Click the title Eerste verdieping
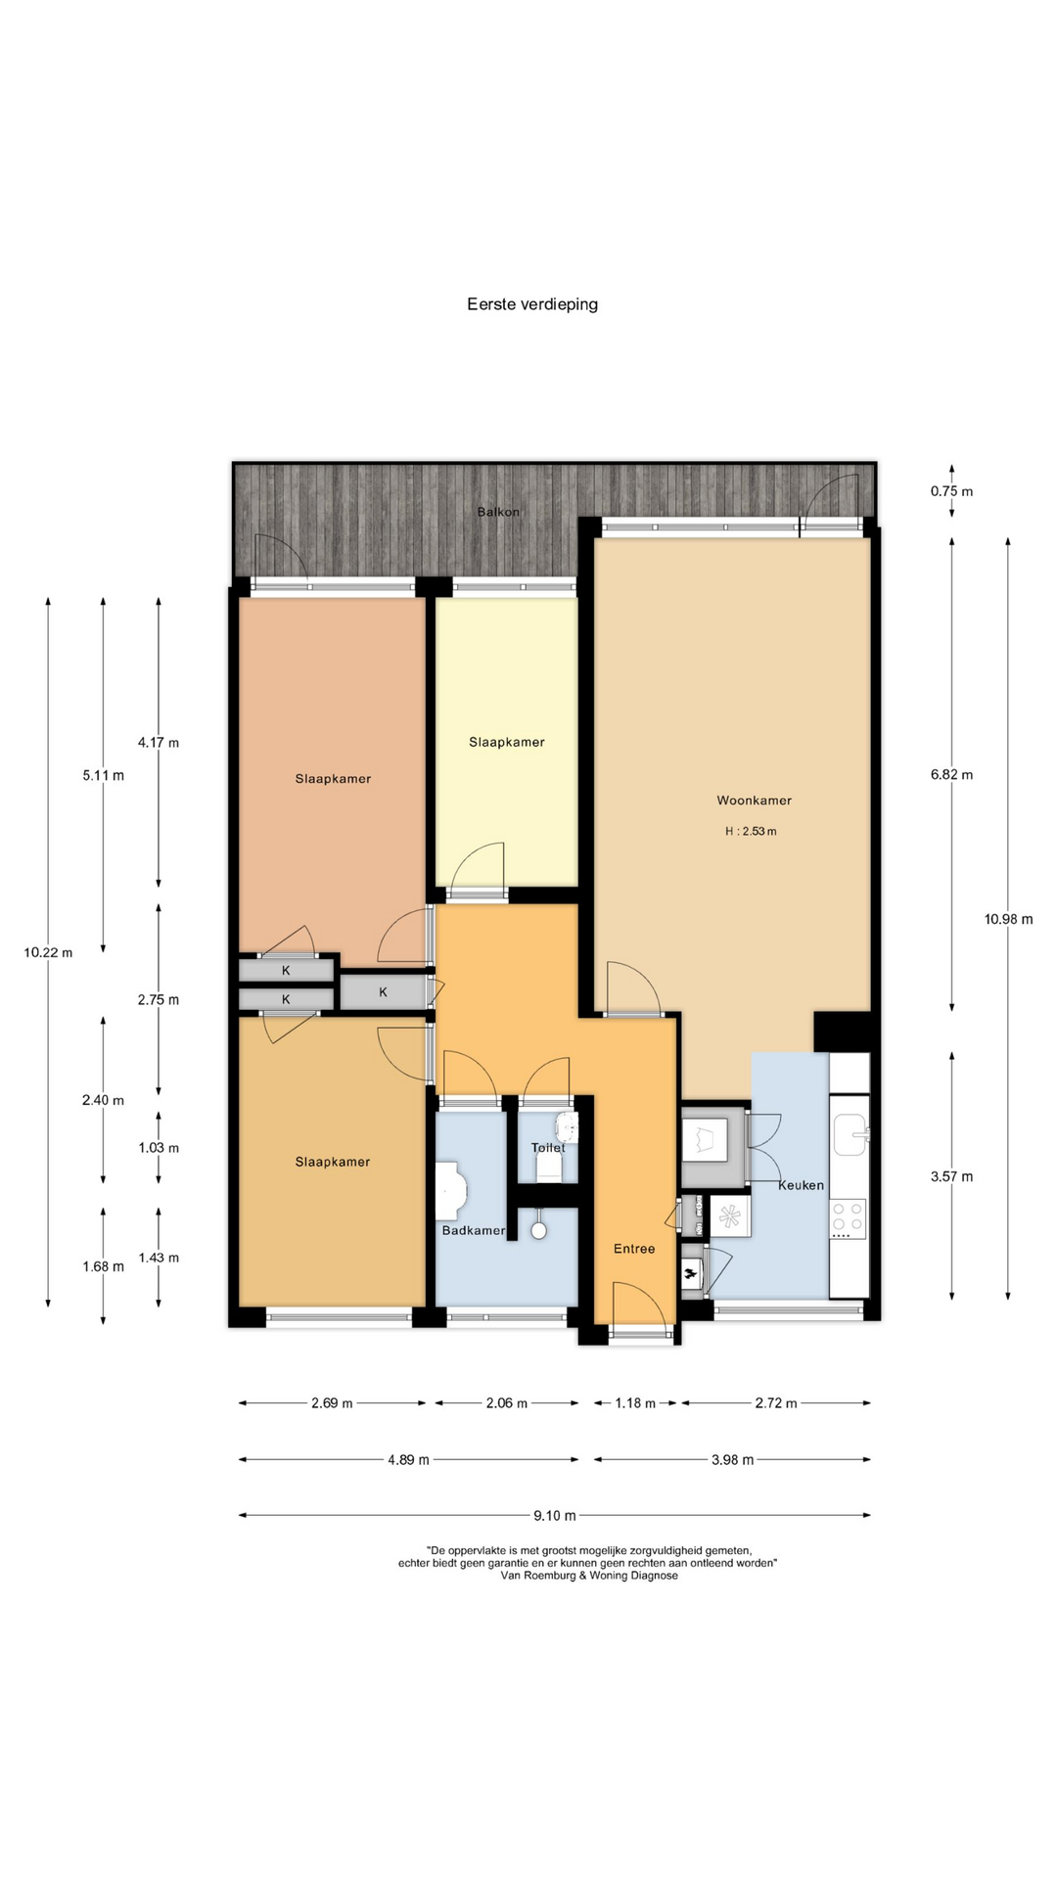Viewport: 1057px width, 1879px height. click(x=532, y=304)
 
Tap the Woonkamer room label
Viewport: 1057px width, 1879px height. click(x=754, y=801)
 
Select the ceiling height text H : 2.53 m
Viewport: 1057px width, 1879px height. click(x=751, y=832)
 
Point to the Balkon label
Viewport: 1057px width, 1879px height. click(x=498, y=512)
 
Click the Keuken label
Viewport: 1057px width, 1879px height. click(x=801, y=1185)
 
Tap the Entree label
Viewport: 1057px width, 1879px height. click(x=634, y=1249)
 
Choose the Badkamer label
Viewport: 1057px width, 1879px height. click(x=474, y=1230)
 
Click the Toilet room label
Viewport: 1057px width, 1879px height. click(x=548, y=1148)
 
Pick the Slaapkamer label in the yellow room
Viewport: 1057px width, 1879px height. click(x=506, y=743)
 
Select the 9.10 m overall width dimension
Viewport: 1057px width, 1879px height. click(x=555, y=1516)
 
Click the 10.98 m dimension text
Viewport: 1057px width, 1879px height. click(x=1008, y=919)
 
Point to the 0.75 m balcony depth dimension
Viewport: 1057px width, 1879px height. click(x=951, y=491)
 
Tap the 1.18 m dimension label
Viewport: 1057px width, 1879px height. click(x=635, y=1403)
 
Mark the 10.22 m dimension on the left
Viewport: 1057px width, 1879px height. click(x=48, y=953)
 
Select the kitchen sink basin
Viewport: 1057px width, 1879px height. click(x=850, y=1135)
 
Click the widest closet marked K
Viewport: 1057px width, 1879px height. click(x=383, y=992)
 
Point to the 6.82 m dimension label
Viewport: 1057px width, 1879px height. click(x=951, y=775)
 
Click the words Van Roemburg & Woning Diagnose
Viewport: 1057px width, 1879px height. click(x=589, y=1576)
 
